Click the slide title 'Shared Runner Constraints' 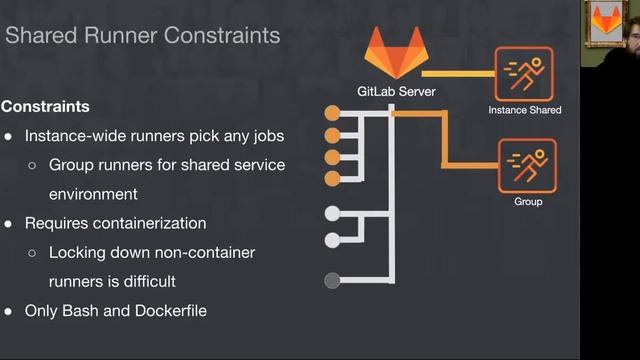pos(143,36)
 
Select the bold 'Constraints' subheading pos(45,106)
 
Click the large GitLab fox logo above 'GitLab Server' pos(396,54)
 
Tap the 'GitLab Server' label pos(396,92)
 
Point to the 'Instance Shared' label pos(525,110)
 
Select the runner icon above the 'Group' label pos(527,165)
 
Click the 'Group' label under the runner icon pos(528,202)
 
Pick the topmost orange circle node pos(333,115)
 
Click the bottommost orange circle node pos(333,178)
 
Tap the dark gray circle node pos(333,281)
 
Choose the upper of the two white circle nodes pos(333,213)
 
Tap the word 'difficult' pos(145,282)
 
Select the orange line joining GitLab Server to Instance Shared pos(458,73)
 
